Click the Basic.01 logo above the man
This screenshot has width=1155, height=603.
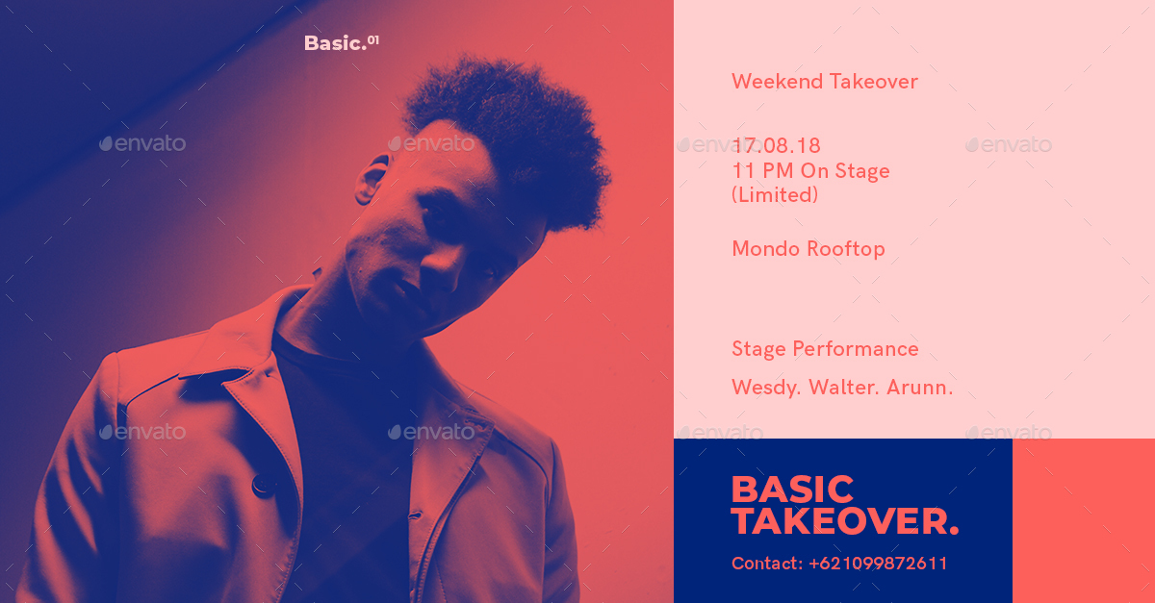342,42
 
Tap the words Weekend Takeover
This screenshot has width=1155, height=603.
825,82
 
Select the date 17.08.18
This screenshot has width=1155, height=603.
776,146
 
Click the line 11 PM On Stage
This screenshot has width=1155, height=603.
811,171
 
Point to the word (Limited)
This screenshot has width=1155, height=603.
775,195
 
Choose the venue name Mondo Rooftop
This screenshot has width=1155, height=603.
808,249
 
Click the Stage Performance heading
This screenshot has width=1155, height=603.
825,349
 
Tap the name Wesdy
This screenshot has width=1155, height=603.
766,388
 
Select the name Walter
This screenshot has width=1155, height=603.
843,388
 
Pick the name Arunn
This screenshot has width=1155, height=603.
920,388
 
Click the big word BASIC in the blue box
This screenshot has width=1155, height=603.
792,490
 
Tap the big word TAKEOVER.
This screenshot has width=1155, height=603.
845,521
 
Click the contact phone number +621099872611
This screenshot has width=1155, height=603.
878,564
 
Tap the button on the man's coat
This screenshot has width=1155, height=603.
264,485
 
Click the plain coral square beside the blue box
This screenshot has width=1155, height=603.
1084,520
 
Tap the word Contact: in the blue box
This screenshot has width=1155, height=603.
767,564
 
